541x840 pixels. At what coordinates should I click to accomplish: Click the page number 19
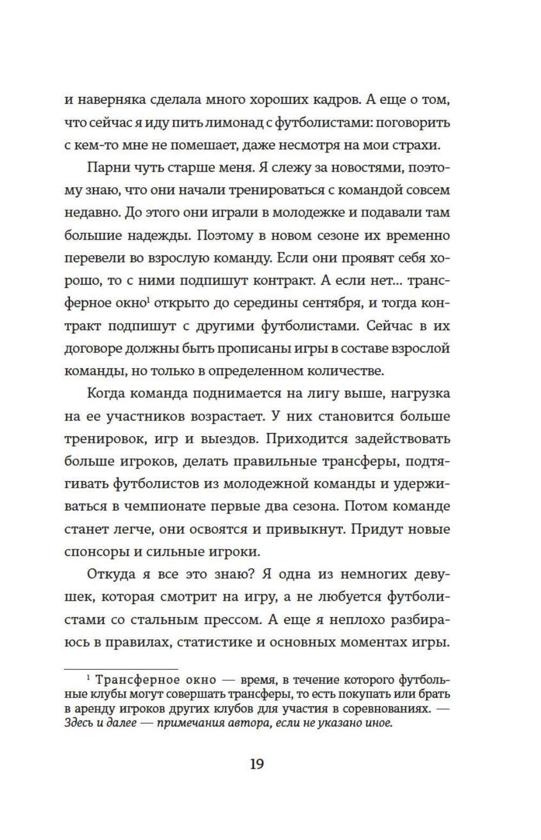(256, 764)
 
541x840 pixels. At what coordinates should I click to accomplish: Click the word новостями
(359, 168)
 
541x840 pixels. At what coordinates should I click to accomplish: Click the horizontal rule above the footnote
(121, 670)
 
